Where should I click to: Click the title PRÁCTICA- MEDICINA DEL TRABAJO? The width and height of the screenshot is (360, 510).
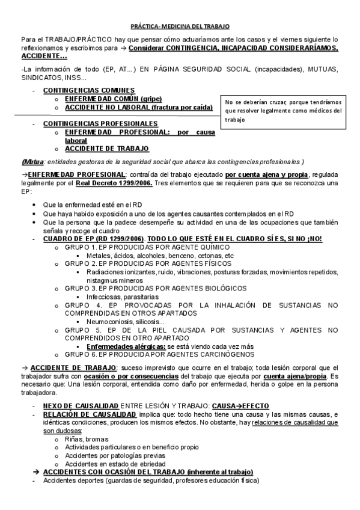pyautogui.click(x=180, y=27)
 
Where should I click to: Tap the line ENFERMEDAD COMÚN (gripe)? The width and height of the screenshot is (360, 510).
pyautogui.click(x=113, y=99)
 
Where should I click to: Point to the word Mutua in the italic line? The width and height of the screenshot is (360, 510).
pyautogui.click(x=31, y=161)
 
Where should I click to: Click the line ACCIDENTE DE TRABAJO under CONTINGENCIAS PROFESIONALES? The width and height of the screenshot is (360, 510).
pyautogui.click(x=107, y=148)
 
